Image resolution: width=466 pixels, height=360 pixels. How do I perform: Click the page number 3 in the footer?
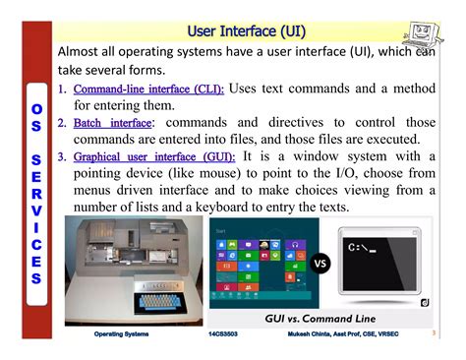point(434,334)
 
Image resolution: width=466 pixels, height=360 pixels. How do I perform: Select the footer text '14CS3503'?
point(227,335)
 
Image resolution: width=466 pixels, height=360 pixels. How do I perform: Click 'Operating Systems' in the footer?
point(122,335)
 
